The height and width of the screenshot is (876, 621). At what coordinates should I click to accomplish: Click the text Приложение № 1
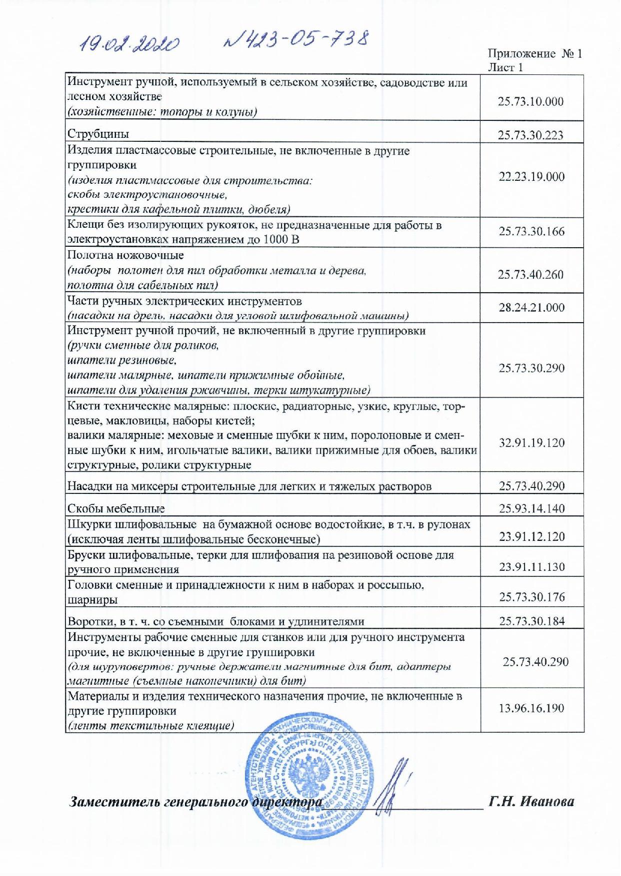(x=534, y=54)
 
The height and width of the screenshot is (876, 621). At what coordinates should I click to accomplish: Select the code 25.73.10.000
(x=530, y=101)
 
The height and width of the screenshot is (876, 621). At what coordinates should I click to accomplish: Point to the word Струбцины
(x=98, y=134)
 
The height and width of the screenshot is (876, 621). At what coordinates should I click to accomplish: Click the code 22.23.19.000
(x=531, y=177)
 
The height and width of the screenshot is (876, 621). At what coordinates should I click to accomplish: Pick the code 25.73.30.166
(x=531, y=232)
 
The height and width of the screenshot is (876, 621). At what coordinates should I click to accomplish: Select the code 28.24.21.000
(x=531, y=308)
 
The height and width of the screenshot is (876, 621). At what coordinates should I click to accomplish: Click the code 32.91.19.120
(x=531, y=443)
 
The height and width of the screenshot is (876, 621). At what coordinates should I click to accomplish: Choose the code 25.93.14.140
(x=531, y=509)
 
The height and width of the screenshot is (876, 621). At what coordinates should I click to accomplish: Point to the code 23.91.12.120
(x=531, y=537)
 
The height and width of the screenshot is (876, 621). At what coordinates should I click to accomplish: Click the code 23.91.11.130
(x=531, y=567)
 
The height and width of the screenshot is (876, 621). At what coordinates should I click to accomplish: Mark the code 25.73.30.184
(x=531, y=621)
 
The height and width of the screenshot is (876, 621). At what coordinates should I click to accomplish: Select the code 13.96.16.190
(x=531, y=708)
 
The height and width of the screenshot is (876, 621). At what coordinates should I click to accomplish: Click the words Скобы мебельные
(x=116, y=509)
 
